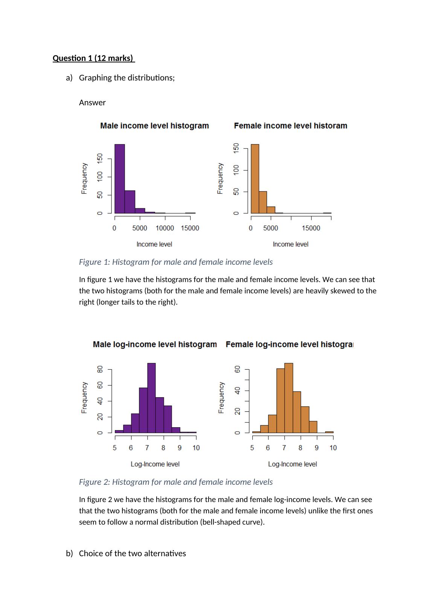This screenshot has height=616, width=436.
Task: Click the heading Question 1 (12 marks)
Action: click(93, 58)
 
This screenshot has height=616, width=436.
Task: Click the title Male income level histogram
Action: click(154, 126)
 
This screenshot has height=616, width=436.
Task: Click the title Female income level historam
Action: click(290, 126)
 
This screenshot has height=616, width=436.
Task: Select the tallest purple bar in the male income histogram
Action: click(120, 179)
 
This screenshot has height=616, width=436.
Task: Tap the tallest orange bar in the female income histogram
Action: click(255, 179)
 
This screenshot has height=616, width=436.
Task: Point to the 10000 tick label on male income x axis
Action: click(165, 228)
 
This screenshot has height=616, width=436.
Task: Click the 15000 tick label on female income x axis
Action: click(311, 228)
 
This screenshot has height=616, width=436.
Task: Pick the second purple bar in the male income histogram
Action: click(130, 202)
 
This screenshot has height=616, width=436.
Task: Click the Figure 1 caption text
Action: click(175, 262)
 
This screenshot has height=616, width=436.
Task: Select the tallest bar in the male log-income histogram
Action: click(151, 398)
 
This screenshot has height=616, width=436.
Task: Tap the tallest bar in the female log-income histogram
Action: click(289, 398)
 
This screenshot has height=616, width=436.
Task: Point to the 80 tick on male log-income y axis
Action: click(100, 369)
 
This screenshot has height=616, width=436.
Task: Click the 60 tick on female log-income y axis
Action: click(238, 369)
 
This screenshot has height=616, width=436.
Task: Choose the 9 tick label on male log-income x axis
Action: click(180, 448)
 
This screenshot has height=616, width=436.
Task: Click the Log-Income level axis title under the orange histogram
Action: click(292, 464)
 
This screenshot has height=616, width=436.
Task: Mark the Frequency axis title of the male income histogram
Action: click(84, 178)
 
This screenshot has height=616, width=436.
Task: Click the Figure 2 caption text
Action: click(175, 482)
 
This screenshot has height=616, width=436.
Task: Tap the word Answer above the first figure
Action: click(92, 103)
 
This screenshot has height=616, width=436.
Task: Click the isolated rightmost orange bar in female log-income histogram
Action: click(329, 432)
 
